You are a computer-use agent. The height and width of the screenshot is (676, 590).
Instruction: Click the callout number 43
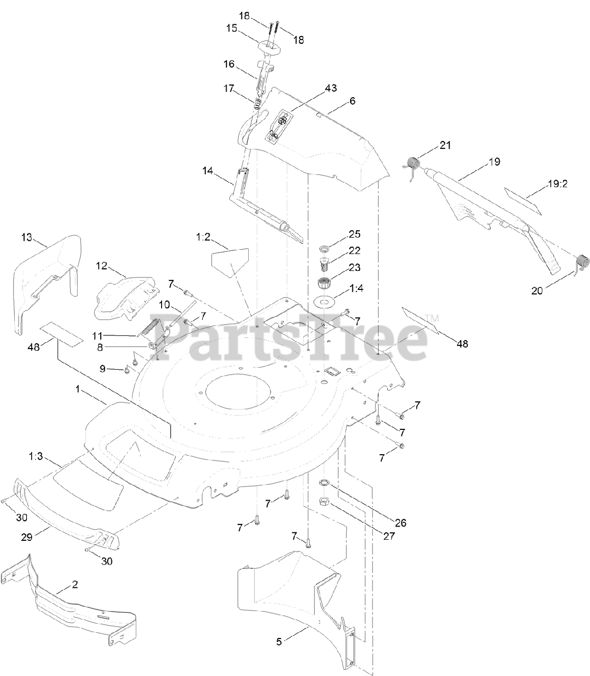point(331,88)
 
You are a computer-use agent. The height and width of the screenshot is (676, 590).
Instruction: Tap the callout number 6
point(352,101)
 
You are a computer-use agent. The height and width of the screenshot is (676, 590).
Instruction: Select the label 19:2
point(558,183)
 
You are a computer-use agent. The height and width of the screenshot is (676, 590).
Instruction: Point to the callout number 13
point(27,237)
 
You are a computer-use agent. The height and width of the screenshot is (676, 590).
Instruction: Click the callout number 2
point(75,585)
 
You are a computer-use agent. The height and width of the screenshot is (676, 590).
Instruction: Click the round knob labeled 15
point(268,46)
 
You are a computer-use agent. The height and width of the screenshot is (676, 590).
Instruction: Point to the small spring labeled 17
point(258,102)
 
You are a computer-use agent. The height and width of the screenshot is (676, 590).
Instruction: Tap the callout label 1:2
point(203,237)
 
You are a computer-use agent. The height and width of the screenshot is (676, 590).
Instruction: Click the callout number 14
point(208,171)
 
